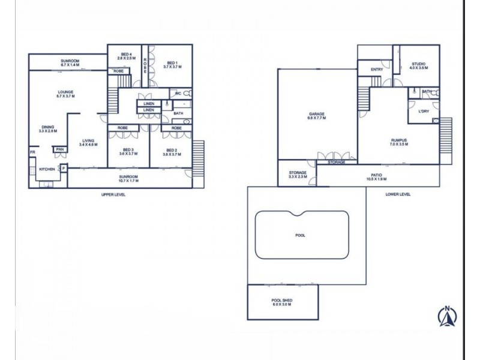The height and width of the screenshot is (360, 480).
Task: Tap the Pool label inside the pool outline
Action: pos(301,235)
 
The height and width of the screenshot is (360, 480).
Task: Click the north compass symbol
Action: pos(447,316)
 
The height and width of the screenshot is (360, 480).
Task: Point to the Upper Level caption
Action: pos(113,195)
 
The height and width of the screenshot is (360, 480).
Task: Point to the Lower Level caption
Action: pos(398,194)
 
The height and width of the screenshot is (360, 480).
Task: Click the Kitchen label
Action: pos(47,170)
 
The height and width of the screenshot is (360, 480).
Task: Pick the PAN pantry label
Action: pos(60,149)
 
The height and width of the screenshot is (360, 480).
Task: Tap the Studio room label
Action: pos(418,66)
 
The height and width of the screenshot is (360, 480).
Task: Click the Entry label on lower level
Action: pos(377,70)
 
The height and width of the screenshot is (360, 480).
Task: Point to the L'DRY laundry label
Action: pos(422,111)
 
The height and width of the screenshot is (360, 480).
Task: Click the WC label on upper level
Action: pos(178,94)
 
